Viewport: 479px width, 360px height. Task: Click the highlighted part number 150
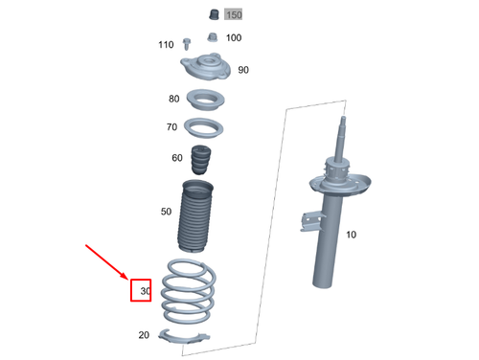(x=234, y=14)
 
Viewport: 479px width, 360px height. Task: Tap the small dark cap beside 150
(x=214, y=14)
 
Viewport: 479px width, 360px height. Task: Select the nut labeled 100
(x=213, y=37)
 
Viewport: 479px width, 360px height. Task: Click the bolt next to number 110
(x=187, y=44)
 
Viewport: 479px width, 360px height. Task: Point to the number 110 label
(x=166, y=45)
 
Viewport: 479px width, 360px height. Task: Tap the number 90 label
(x=243, y=70)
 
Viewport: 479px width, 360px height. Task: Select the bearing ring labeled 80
(x=205, y=100)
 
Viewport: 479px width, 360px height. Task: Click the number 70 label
(x=171, y=127)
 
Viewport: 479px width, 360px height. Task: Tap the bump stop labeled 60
(x=201, y=160)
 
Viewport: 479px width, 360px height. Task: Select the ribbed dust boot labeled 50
(x=195, y=216)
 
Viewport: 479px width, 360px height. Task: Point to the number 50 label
(x=166, y=212)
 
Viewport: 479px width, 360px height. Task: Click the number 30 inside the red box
(x=146, y=291)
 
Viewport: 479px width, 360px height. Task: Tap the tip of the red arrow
(x=128, y=280)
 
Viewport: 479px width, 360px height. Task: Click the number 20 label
(x=144, y=335)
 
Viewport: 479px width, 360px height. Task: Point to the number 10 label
(x=352, y=235)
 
